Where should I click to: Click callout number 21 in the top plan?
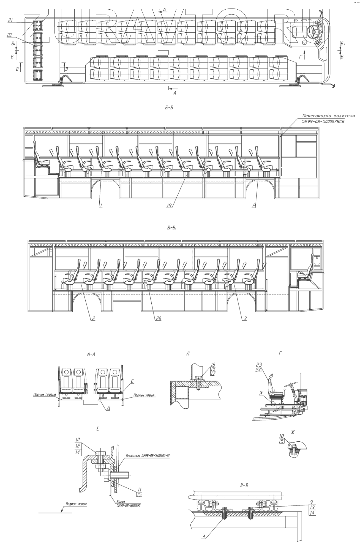tap(10, 20)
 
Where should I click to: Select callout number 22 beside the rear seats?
tap(9, 35)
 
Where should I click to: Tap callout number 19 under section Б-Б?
tap(169, 205)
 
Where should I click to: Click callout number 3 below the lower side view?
tap(245, 318)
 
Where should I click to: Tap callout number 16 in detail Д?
tap(213, 365)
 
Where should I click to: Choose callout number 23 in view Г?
tap(258, 365)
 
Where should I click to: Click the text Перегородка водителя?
tap(328, 116)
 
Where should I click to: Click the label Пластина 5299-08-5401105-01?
tap(148, 456)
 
